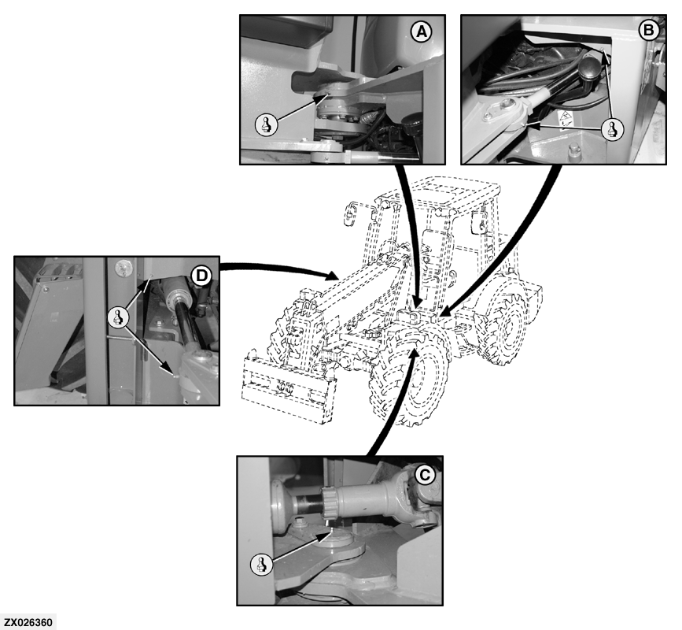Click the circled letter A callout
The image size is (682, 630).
422,31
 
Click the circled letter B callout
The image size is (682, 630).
648,31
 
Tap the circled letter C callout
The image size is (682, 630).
424,474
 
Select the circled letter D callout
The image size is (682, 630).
201,276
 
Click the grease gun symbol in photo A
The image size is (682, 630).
266,125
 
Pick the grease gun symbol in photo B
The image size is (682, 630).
613,129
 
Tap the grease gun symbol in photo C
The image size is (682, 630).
262,565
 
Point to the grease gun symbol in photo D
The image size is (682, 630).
118,317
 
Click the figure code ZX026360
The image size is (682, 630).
28,622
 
